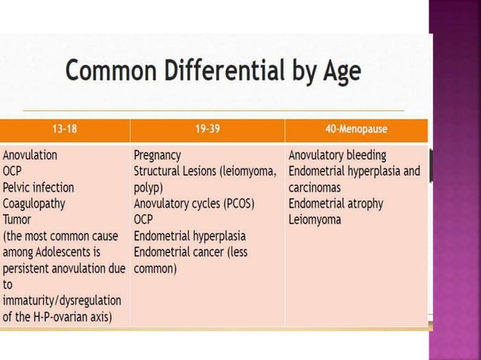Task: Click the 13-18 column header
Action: click(64, 130)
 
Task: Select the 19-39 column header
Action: click(207, 130)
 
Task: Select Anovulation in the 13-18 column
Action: click(30, 155)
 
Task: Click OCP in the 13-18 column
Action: click(13, 171)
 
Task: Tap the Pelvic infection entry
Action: click(38, 188)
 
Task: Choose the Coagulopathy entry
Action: click(34, 203)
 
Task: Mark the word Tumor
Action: click(17, 220)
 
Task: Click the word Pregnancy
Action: click(157, 155)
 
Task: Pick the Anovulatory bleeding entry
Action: click(337, 155)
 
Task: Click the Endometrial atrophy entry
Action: click(335, 203)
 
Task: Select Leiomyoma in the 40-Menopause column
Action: click(314, 220)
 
